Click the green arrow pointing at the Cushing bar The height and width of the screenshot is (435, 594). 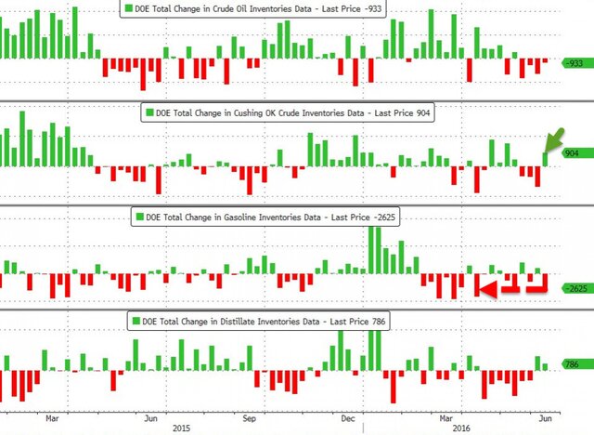point(553,141)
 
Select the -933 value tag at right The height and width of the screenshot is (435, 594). point(576,62)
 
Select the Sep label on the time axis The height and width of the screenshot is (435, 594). point(249,417)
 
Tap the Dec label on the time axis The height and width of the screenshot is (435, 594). point(347,417)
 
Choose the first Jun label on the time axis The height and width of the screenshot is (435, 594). point(149,417)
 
